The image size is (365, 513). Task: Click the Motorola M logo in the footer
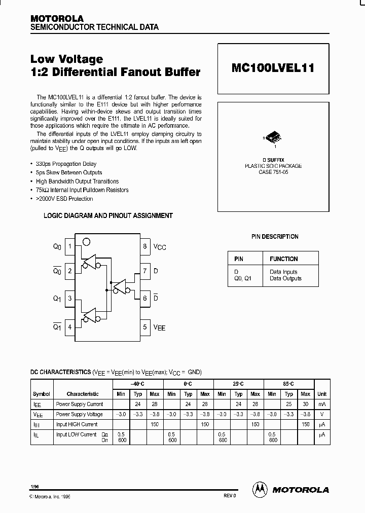pos(259,489)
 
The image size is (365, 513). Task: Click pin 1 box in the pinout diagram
pos(70,247)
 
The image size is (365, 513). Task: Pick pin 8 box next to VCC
pos(145,247)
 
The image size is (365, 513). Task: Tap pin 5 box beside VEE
pos(145,327)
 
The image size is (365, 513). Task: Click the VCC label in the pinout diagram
pos(160,247)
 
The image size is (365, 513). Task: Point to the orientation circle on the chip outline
pos(87,241)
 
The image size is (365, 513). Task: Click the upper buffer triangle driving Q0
pos(91,261)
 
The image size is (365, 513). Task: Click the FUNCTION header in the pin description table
pos(283,259)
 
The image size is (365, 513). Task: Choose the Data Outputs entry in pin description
pos(285,278)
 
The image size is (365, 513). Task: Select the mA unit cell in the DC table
pos(322,404)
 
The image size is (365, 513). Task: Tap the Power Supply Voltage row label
pos(79,414)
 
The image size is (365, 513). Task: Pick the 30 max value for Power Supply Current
pos(305,404)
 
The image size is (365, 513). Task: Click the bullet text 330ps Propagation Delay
pos(66,164)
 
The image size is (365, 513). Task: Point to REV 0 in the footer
pos(230,495)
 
